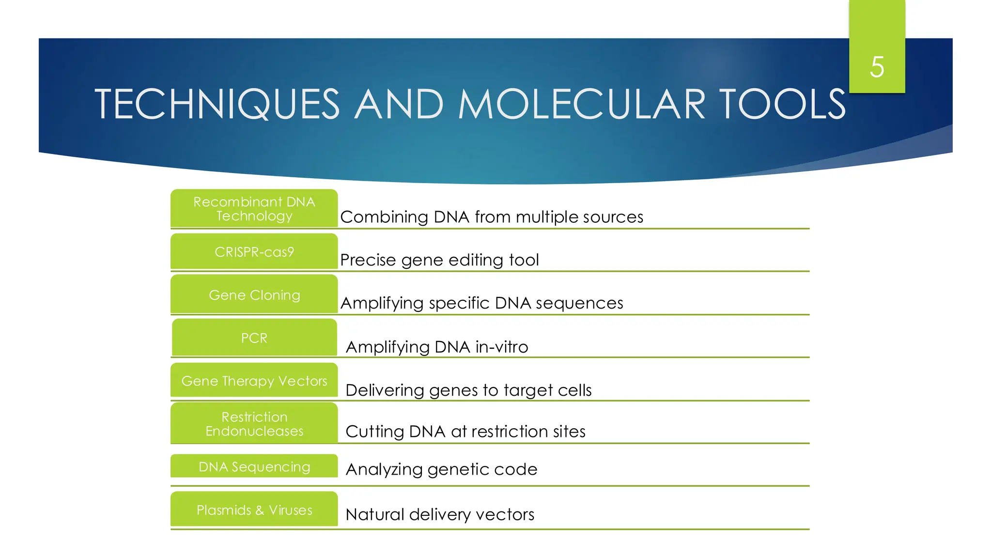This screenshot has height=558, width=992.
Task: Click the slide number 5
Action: [877, 67]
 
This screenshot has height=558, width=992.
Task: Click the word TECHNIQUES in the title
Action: [217, 104]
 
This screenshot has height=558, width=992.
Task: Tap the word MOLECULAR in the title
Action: [581, 104]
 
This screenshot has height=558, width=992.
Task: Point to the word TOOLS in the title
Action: [783, 104]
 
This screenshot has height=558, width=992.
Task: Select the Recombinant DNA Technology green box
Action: [254, 209]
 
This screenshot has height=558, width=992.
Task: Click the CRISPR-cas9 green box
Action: [254, 252]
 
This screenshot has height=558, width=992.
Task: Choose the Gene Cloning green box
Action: [254, 294]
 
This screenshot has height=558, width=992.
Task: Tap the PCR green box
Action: [254, 338]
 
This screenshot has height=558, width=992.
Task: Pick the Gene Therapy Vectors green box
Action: [254, 381]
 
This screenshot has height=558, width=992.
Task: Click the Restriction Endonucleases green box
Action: [254, 424]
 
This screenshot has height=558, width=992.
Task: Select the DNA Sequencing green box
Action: [254, 466]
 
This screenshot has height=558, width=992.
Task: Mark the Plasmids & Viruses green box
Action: [254, 510]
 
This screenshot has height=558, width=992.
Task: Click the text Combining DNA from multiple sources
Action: [492, 217]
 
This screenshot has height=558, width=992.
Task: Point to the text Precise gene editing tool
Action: [439, 260]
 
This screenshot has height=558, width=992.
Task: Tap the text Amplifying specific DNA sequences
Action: [482, 303]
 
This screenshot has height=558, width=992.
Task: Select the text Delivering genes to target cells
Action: [468, 390]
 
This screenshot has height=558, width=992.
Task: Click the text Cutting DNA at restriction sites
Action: [465, 432]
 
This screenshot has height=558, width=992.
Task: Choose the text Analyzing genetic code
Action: [441, 469]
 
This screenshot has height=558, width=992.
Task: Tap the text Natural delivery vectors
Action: [440, 514]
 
